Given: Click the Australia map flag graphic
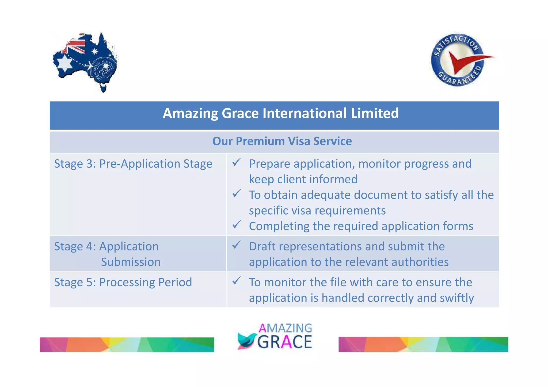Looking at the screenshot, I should [85, 62].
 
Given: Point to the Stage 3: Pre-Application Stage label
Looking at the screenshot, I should [133, 164].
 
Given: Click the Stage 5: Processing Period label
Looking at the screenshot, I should [123, 282].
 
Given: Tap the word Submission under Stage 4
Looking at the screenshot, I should [131, 262].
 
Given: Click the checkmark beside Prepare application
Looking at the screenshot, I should [237, 162].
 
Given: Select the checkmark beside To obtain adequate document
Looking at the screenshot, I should [237, 193].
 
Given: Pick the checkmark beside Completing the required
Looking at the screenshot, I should [237, 225].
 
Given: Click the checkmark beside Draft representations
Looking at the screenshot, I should [237, 245].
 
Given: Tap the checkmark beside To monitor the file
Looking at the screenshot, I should [237, 281].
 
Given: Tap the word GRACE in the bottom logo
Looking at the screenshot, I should [285, 342].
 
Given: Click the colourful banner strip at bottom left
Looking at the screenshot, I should [127, 345].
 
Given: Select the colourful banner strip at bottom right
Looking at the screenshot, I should [423, 344].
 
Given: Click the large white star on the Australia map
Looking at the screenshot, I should [64, 63].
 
